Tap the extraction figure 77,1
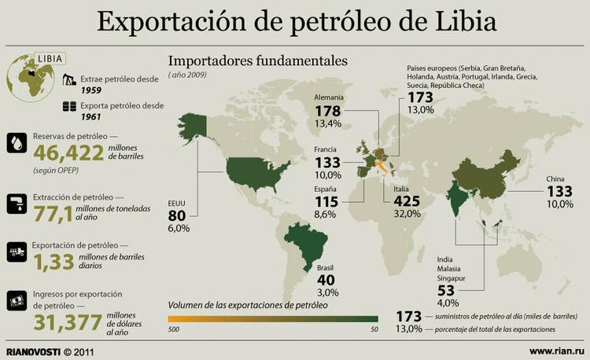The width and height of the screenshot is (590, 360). [x=54, y=211]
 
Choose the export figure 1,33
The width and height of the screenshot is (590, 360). [x=53, y=260]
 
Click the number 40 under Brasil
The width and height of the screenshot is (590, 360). [x=326, y=281]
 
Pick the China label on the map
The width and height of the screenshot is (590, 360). [x=556, y=179]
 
